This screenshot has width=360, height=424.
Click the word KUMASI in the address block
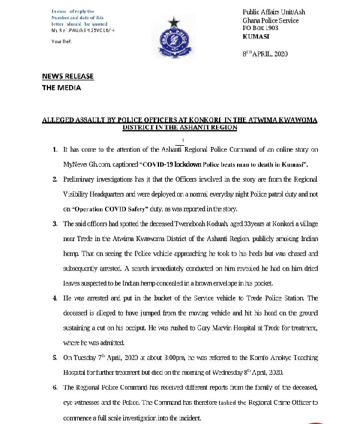point(254,35)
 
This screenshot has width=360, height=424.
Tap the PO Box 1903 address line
point(261,28)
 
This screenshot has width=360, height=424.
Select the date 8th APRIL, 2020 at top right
point(264,54)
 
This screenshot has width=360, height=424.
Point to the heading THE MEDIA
point(61,88)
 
